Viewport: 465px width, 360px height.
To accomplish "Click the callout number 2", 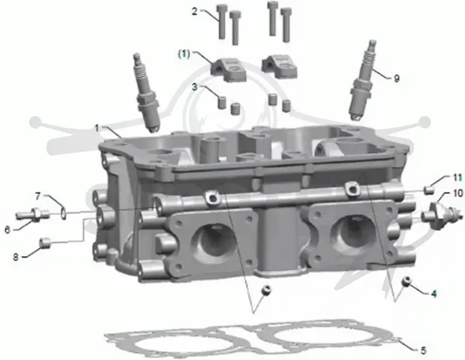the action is point(195,12).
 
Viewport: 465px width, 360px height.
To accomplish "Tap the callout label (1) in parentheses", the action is point(184,55).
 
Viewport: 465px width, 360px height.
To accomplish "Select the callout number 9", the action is point(396,78).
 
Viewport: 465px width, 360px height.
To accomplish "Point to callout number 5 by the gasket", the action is point(423,351).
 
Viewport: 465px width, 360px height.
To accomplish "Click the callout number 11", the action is point(457,178).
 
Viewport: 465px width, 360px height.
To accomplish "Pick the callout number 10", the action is point(458,193).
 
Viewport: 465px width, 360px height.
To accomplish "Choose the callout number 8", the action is point(16,257).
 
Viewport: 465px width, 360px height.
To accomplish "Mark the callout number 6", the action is point(8,229).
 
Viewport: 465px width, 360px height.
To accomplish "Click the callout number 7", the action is point(38,196).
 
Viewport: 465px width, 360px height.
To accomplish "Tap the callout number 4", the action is point(433,294).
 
